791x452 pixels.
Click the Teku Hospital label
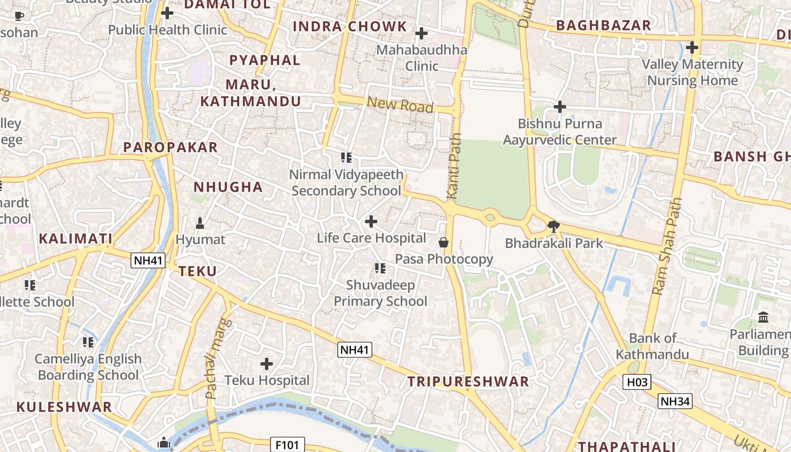(267, 380)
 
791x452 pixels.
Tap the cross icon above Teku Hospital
(267, 364)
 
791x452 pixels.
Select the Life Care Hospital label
(371, 238)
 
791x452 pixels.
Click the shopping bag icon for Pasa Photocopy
(444, 242)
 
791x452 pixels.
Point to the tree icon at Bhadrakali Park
(554, 227)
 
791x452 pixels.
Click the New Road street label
(400, 105)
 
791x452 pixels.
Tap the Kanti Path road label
(454, 166)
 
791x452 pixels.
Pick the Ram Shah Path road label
(667, 246)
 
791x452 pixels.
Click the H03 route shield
(637, 383)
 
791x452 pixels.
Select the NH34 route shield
(675, 401)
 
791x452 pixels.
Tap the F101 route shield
(288, 445)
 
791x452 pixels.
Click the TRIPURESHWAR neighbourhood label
(468, 381)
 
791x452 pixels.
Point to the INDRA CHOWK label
(350, 26)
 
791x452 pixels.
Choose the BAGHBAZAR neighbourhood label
(603, 25)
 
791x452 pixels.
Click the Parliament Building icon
(763, 317)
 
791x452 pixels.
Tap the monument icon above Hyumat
(199, 223)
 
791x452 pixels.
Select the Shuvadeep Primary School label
(380, 293)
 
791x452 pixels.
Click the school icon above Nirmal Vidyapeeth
(346, 158)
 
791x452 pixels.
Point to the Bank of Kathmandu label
(652, 346)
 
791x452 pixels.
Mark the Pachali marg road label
(212, 366)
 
